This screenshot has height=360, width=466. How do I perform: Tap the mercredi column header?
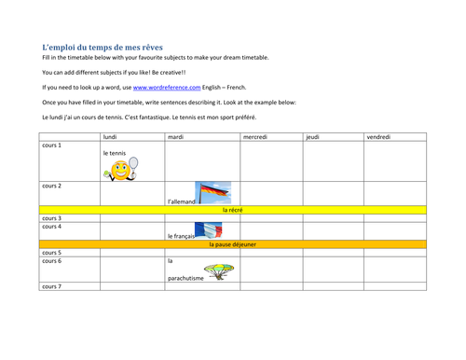[256, 137]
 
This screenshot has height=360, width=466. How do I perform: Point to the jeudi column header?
[313, 137]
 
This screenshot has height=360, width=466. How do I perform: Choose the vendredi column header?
[378, 137]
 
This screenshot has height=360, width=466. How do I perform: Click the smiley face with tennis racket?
[120, 170]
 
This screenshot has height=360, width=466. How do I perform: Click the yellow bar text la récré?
[233, 211]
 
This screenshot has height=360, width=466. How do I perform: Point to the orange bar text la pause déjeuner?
[233, 244]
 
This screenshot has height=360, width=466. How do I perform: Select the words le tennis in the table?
[115, 153]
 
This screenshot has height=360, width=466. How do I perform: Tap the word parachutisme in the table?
[184, 277]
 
